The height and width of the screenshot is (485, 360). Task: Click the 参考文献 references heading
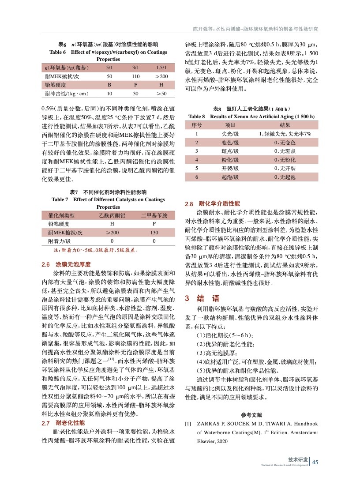pos(252,415)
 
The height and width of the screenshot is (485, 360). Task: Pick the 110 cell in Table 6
pos(135,76)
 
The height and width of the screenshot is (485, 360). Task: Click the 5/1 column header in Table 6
pos(109,68)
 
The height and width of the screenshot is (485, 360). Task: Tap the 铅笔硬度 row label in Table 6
pos(55,85)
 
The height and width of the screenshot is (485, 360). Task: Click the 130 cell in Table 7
pos(154,233)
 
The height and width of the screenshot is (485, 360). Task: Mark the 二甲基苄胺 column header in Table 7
pos(154,215)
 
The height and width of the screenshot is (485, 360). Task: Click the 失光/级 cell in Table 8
pos(230,134)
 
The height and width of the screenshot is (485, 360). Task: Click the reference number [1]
pos(188,423)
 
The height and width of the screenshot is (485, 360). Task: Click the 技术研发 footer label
pos(298,459)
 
